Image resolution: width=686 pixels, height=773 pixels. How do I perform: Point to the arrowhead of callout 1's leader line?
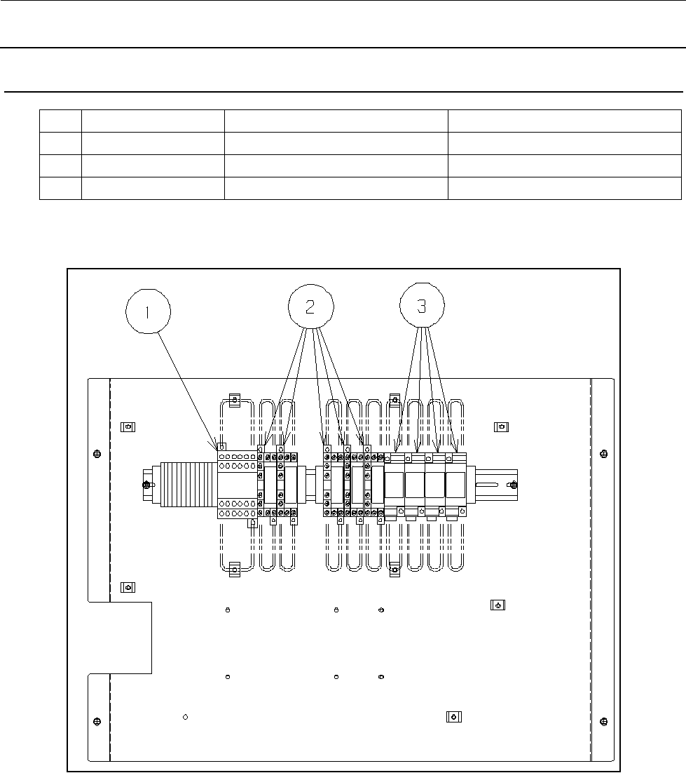(216, 445)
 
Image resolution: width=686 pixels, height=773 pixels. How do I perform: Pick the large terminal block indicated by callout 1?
(238, 485)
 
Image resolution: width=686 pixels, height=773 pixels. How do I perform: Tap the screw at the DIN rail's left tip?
(146, 485)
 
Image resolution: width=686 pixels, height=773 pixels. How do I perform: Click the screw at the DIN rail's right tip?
(514, 485)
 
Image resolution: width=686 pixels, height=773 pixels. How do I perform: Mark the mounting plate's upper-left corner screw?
(97, 454)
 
